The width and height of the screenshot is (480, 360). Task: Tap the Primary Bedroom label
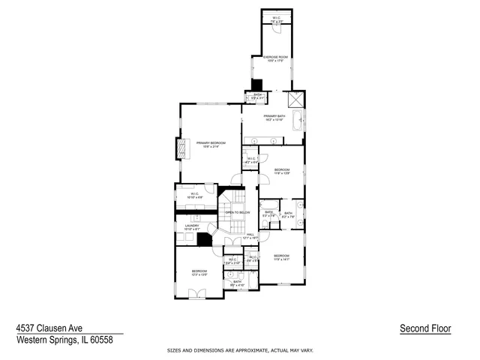click(x=211, y=144)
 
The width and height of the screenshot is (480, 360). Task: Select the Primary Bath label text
click(x=274, y=118)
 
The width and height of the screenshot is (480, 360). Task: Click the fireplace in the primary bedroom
click(x=180, y=148)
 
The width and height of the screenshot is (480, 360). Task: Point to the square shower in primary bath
click(x=295, y=100)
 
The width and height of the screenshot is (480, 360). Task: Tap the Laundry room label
click(x=192, y=227)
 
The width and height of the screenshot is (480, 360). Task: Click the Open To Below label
click(x=237, y=213)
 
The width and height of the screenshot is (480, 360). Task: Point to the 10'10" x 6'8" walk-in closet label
click(x=193, y=196)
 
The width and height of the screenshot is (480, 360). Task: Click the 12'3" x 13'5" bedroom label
click(x=199, y=273)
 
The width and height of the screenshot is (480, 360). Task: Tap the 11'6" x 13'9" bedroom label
click(x=281, y=172)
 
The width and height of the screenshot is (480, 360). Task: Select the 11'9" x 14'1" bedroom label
click(x=281, y=258)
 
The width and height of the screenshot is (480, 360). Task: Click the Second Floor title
click(x=425, y=328)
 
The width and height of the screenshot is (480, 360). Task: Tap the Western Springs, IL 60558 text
click(x=64, y=339)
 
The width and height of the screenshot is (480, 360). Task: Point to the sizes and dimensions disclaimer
click(x=239, y=350)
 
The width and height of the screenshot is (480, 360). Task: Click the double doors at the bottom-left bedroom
click(x=196, y=295)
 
